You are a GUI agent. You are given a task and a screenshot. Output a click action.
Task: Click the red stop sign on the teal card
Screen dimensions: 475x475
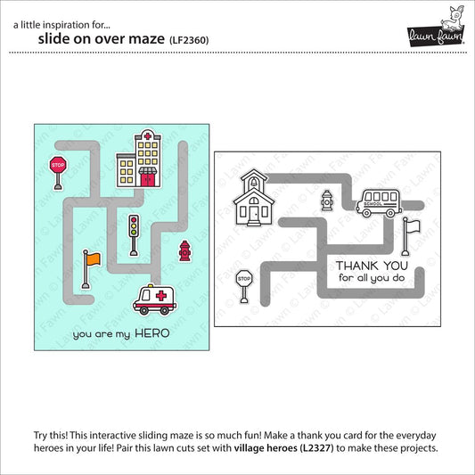point(58,173)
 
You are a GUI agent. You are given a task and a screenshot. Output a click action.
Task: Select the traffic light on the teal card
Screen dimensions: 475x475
point(134,235)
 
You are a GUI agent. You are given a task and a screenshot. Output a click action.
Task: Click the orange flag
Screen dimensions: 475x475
point(91,269)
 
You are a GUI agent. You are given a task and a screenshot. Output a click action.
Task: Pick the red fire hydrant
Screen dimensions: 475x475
point(184,250)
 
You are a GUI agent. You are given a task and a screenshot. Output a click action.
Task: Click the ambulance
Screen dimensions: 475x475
point(154,299)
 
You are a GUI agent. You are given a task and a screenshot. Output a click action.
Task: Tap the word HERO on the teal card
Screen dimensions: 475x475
point(152,333)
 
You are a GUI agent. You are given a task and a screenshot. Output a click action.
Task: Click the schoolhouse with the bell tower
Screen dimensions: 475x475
point(254,198)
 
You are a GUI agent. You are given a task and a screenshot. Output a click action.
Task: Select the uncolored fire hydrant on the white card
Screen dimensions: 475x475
point(327,200)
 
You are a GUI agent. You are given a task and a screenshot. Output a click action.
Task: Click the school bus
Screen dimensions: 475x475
point(379,203)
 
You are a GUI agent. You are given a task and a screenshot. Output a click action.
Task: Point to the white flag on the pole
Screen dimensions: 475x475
point(411,236)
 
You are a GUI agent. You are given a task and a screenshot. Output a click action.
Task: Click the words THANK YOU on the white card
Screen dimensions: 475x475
point(372,266)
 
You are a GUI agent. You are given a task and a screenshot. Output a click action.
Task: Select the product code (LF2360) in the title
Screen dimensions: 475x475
point(189,40)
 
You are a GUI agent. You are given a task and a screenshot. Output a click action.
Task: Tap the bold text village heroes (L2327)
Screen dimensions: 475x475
point(283,447)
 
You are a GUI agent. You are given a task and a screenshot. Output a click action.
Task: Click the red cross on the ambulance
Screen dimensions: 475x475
point(160,295)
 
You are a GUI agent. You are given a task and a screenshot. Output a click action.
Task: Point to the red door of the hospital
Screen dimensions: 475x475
point(148,180)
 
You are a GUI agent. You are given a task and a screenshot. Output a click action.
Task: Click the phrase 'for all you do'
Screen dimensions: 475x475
point(372,278)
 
